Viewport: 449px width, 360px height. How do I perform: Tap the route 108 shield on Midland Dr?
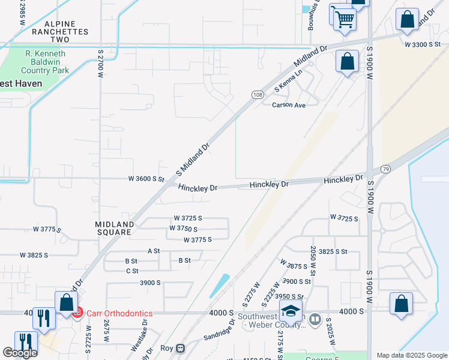257,95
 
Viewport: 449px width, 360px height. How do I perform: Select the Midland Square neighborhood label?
113,228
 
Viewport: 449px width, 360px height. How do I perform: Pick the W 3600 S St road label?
146,179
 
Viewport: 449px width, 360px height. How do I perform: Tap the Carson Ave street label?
289,105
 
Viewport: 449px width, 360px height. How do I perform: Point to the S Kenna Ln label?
288,81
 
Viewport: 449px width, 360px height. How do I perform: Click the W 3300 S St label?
426,45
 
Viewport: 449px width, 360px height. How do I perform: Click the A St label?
154,251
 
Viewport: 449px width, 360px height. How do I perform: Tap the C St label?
132,271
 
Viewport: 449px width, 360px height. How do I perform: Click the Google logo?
20,353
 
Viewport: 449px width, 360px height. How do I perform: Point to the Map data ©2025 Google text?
411,355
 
